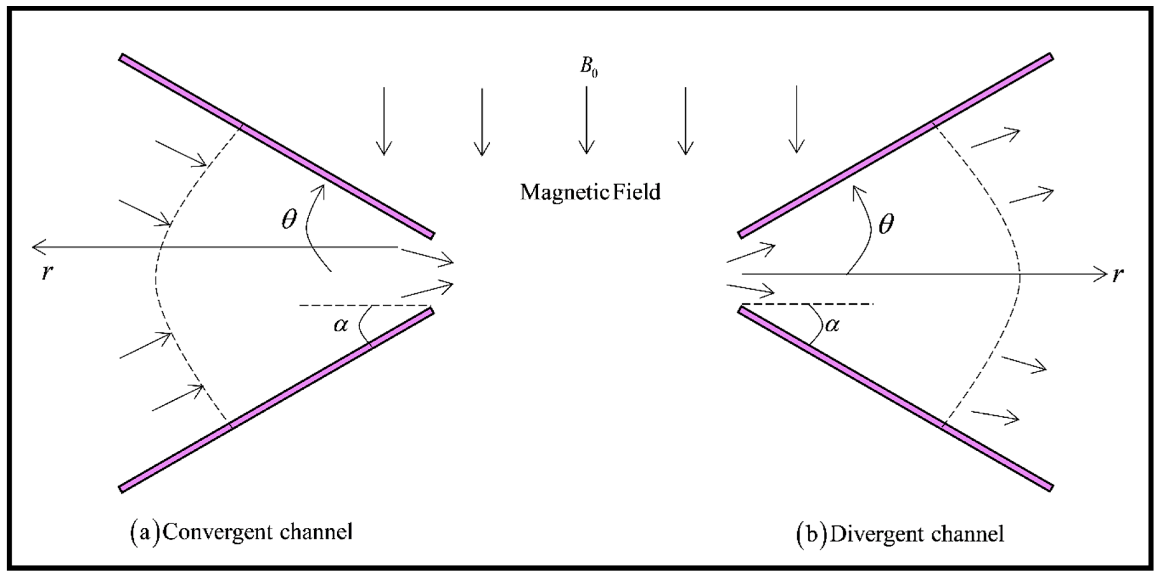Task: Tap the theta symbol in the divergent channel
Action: click(x=886, y=224)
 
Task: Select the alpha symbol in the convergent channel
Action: click(x=341, y=324)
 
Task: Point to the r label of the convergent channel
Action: click(x=46, y=272)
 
